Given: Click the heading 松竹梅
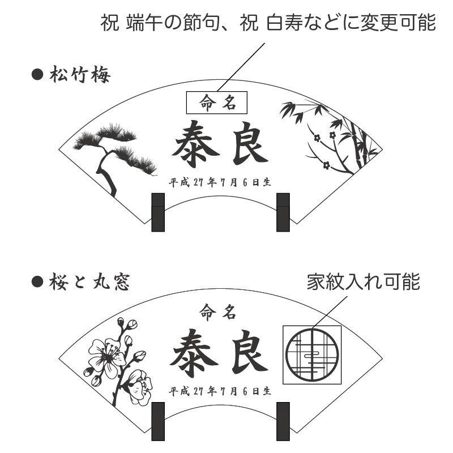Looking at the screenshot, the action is point(79,75).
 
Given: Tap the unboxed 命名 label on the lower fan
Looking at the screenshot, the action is point(217,310).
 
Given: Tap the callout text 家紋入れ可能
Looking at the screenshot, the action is point(363,281).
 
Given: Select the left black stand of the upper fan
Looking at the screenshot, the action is point(158,212).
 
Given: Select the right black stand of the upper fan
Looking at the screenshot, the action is point(283,212).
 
